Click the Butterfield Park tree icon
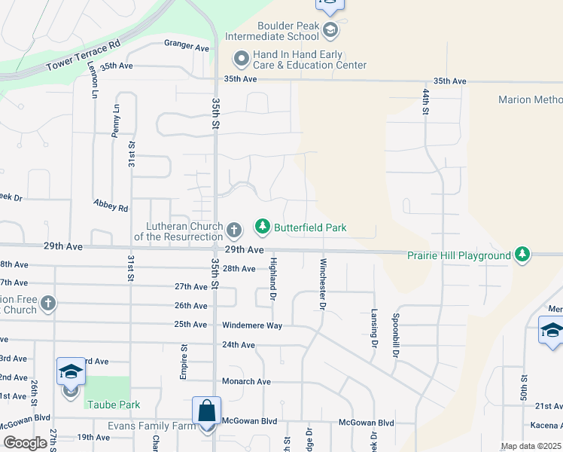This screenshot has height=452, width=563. pos(262,226)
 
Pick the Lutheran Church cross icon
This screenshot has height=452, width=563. pos(233,230)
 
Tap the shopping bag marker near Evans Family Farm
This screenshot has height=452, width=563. pos(206,412)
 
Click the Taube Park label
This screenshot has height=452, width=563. pos(113,405)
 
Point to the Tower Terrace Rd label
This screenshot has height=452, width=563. pos(83,55)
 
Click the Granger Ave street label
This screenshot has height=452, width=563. pos(186,47)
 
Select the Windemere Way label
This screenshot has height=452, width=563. pos(252,325)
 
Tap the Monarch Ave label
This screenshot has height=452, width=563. pos(246,382)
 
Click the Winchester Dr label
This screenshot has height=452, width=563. pos(323,285)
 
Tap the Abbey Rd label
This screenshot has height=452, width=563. pos(111,205)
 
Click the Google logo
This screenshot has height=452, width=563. pos(25,443)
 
